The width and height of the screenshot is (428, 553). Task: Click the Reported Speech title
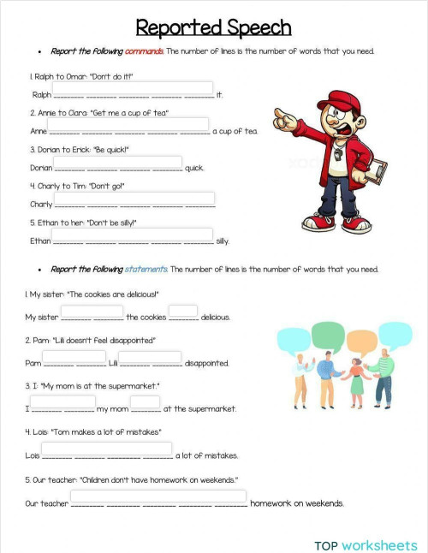tap(213, 28)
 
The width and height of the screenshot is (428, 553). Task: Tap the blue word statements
tap(146, 270)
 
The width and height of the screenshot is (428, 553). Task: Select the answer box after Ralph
tap(134, 88)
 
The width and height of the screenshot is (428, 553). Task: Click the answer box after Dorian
tap(118, 162)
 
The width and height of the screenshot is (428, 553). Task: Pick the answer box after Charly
tap(134, 199)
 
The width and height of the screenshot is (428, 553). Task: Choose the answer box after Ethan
tap(133, 235)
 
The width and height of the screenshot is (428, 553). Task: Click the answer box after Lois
tap(106, 449)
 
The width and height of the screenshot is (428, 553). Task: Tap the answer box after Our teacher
tap(158, 497)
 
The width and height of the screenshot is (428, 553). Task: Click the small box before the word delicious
tap(183, 311)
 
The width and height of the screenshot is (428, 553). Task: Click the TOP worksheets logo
tap(366, 544)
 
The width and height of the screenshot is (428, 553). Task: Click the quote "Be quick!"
tap(132, 150)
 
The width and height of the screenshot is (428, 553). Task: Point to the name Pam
tap(33, 364)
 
